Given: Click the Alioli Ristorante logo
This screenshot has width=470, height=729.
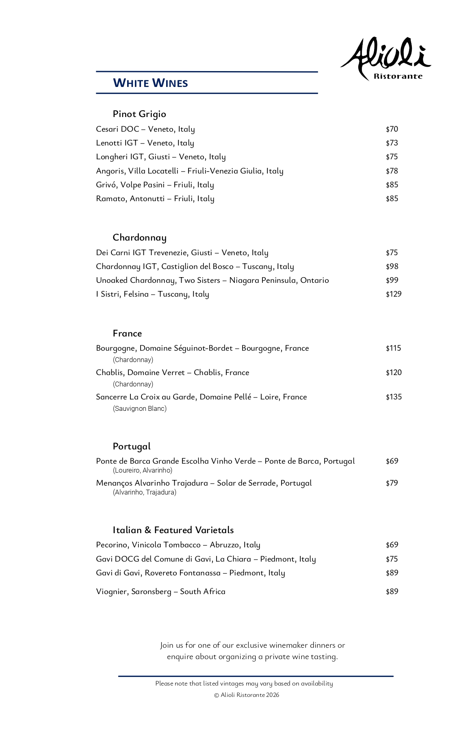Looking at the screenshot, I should coord(386,59).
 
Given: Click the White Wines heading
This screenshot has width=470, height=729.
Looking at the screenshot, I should coord(150,83).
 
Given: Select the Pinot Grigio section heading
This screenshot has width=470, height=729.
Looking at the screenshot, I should coord(139,114).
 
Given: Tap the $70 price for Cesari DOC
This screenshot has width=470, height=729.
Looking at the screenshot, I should coord(392,129).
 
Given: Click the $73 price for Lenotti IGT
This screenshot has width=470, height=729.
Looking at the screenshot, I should coord(392,143).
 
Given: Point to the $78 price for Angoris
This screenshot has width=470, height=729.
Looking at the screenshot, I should coord(392,171).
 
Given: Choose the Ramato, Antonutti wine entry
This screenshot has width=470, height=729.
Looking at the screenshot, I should coord(155,199).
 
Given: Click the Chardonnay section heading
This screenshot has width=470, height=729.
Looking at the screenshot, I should coord(139,238).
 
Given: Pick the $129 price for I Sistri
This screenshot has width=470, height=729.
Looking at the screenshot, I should coord(393,294).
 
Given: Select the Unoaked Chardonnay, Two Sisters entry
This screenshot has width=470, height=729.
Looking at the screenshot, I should coord(212,280).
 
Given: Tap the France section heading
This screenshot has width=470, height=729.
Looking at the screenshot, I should coord(127,334).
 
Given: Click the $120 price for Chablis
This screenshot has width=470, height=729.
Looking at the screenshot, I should coord(393,373).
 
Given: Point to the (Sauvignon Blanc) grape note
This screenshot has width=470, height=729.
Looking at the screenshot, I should coord(139,409).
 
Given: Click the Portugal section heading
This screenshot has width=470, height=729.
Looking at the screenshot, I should coord(132,447).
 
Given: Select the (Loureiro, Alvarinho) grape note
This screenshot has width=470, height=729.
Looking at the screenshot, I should coord(142,471).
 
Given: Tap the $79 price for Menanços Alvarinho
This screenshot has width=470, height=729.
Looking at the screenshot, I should coord(392,483).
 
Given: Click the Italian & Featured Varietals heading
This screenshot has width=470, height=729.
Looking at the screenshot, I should coord(173,530).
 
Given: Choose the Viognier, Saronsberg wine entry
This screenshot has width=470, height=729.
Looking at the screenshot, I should coord(160,592).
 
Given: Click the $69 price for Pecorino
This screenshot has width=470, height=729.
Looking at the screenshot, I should coord(392,545).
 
